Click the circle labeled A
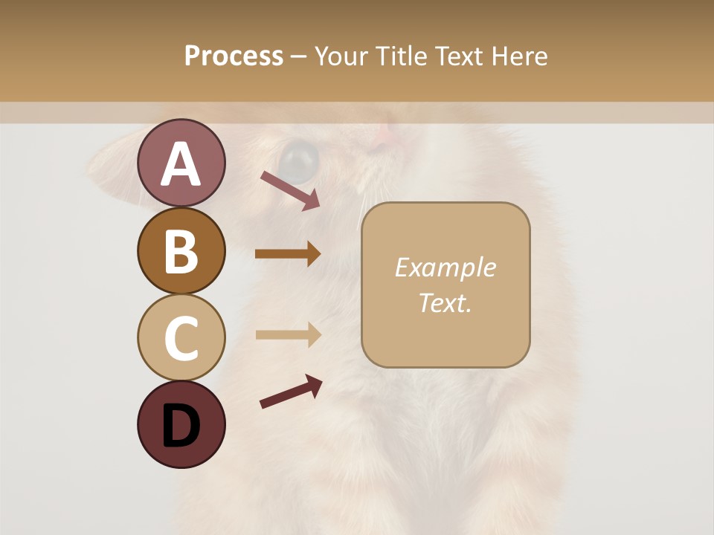[x=181, y=163]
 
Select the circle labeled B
[x=181, y=250]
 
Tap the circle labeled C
[x=181, y=337]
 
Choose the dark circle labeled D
[x=181, y=424]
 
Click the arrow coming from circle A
[x=290, y=190]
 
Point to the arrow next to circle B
[x=288, y=253]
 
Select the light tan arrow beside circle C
[x=288, y=334]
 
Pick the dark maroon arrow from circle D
[x=291, y=393]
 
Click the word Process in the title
[x=234, y=56]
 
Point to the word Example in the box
[x=445, y=267]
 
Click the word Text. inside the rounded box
[x=445, y=302]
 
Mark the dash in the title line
[x=299, y=57]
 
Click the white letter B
[x=181, y=250]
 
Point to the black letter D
[x=181, y=426]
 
